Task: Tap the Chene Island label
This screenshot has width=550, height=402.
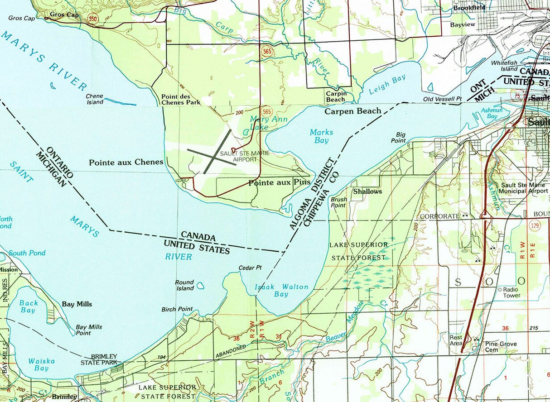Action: pos(95,99)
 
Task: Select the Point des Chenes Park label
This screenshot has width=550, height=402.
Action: pos(181,99)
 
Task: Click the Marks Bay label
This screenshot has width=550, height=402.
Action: pos(321,136)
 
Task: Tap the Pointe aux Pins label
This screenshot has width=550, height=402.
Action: pos(279,182)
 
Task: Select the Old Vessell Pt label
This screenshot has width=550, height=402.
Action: pos(442,99)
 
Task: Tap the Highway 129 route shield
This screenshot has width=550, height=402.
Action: pos(536,226)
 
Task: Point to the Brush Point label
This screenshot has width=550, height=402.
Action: pos(338,202)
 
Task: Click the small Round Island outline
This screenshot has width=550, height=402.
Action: pos(200,286)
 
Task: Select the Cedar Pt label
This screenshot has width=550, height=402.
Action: pos(250,268)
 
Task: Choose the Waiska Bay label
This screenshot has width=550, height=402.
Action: pos(41,364)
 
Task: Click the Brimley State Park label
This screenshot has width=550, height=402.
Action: pos(99,359)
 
